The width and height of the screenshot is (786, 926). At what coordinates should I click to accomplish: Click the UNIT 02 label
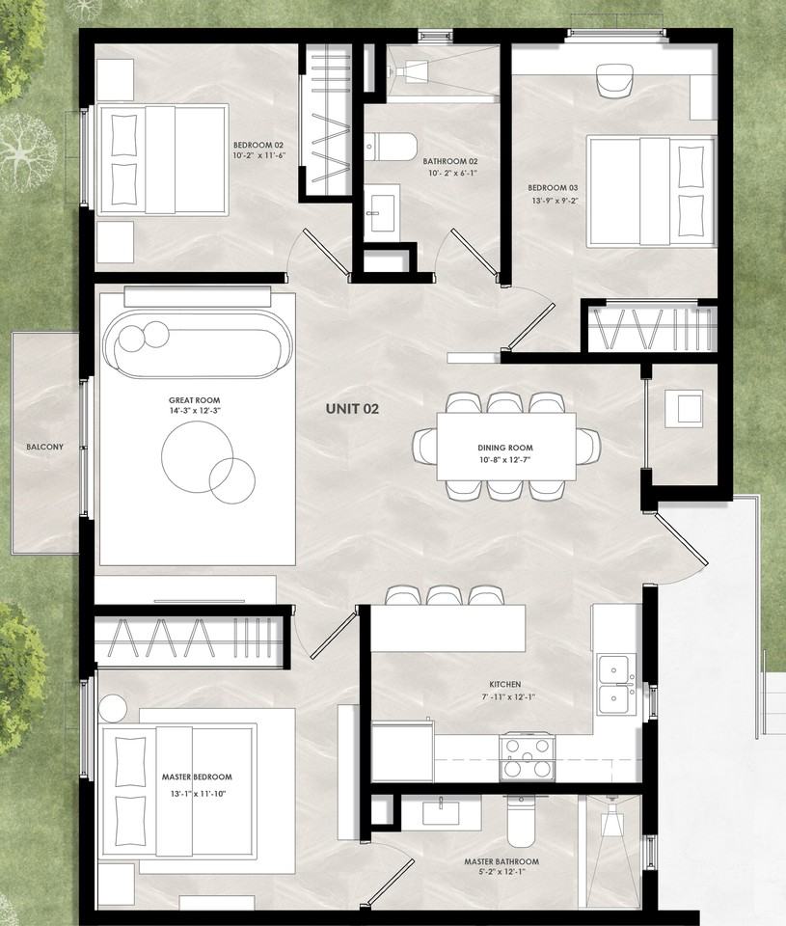352,409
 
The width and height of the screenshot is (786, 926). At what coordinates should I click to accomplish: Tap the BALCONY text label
45,447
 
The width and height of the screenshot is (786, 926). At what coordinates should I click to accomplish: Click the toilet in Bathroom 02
391,148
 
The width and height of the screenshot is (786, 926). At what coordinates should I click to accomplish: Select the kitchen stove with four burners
527,756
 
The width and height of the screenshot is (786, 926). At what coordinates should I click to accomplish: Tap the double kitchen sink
615,684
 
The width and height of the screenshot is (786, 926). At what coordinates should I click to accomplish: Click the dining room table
505,447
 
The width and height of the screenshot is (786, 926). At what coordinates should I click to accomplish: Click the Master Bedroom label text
197,776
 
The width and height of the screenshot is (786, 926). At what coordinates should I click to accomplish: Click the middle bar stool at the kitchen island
442,595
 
